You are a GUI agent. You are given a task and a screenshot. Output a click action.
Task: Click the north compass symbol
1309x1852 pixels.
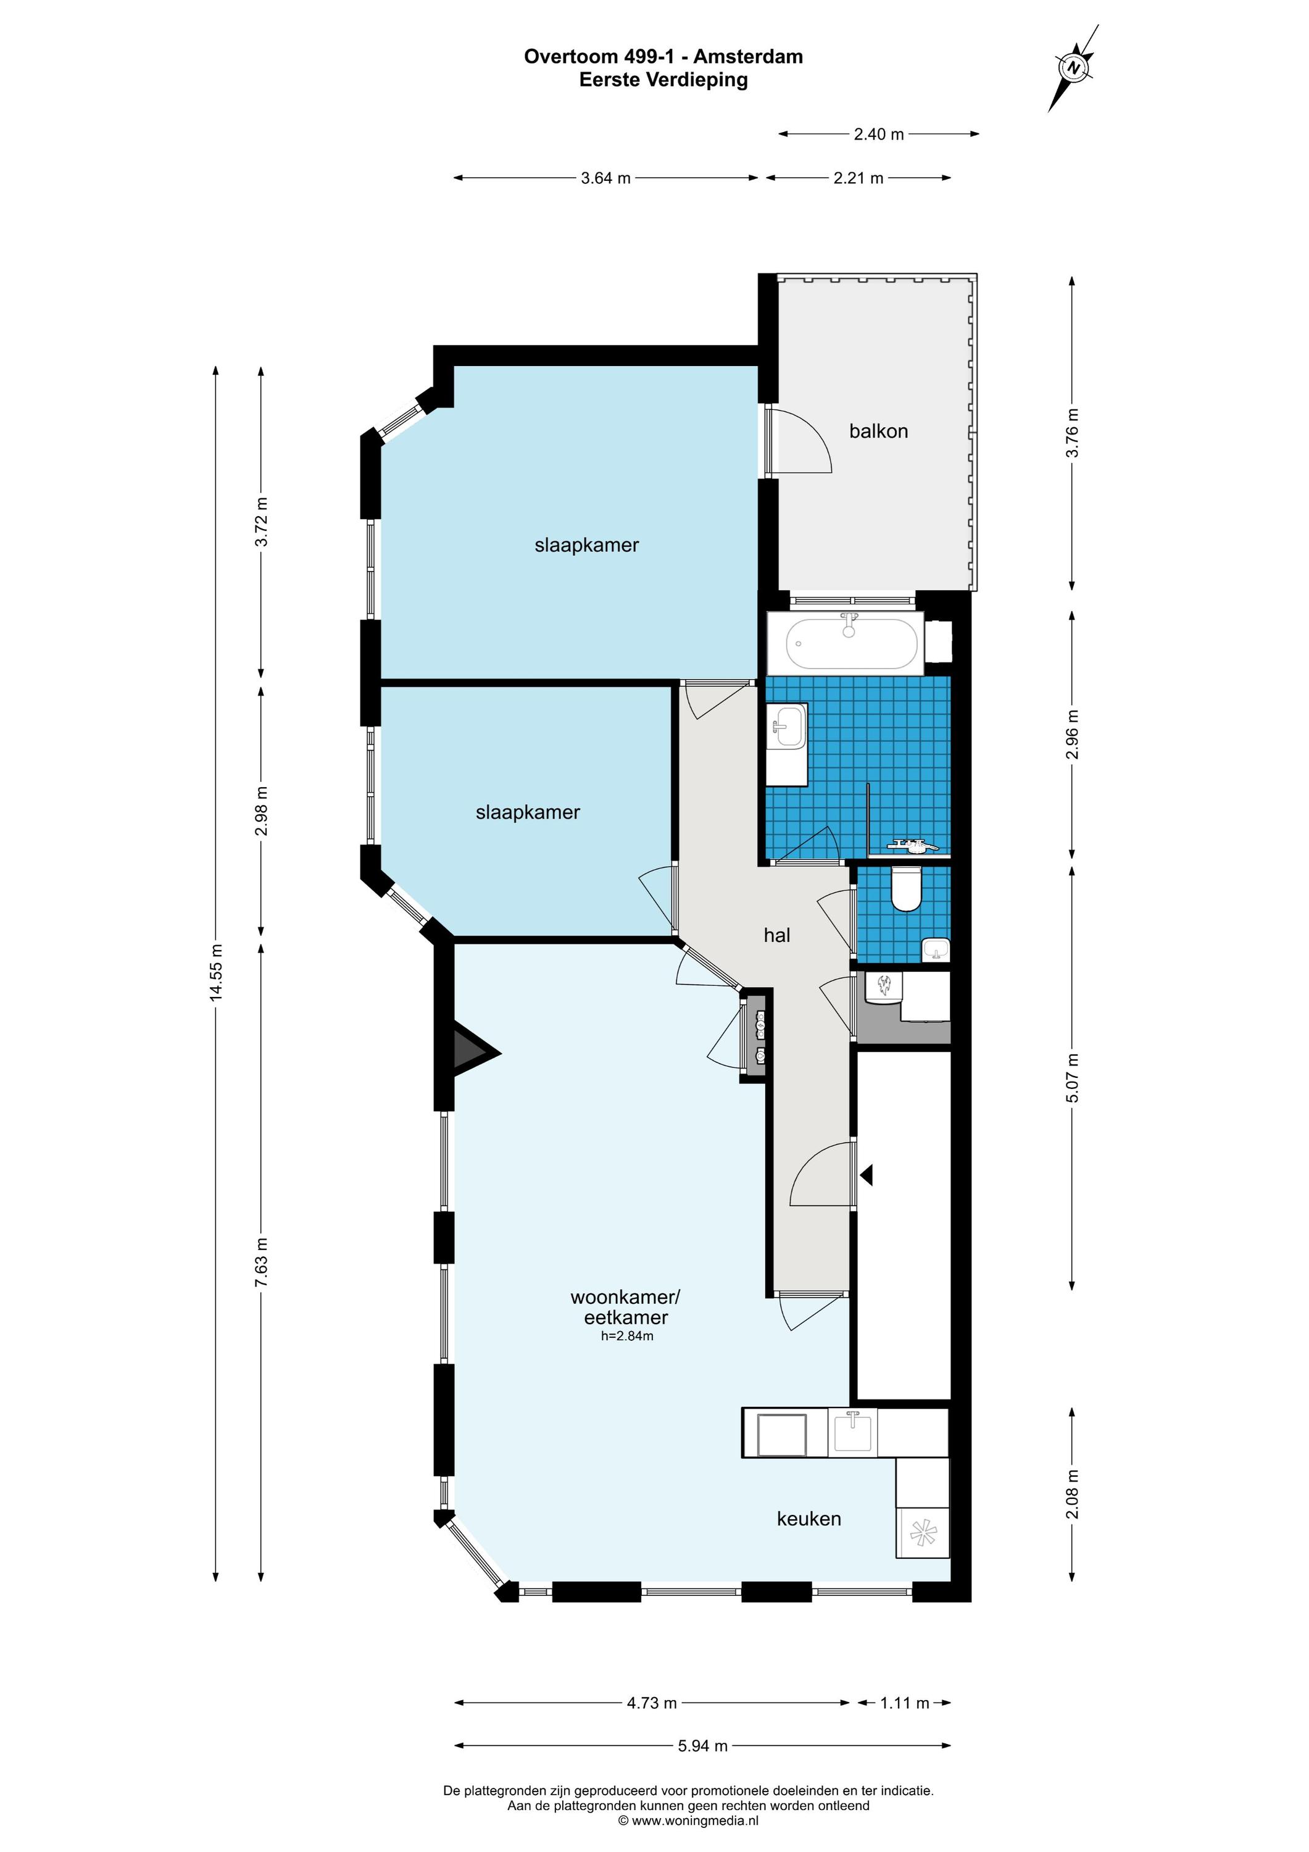pyautogui.click(x=1073, y=69)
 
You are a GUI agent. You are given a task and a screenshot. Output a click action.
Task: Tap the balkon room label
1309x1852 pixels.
pyautogui.click(x=878, y=432)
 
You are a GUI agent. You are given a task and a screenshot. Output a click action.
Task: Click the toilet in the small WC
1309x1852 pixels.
pyautogui.click(x=907, y=888)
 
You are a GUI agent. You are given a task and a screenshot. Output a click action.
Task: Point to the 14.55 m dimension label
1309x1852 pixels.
pyautogui.click(x=215, y=973)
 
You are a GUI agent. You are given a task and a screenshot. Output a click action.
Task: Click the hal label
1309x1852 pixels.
pyautogui.click(x=776, y=935)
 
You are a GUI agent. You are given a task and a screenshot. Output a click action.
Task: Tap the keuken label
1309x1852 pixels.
pyautogui.click(x=809, y=1519)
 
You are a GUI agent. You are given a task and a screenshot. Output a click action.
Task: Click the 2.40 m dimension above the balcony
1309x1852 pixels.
pyautogui.click(x=878, y=135)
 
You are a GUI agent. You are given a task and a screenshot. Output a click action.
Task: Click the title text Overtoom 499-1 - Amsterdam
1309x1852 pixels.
pyautogui.click(x=663, y=56)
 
